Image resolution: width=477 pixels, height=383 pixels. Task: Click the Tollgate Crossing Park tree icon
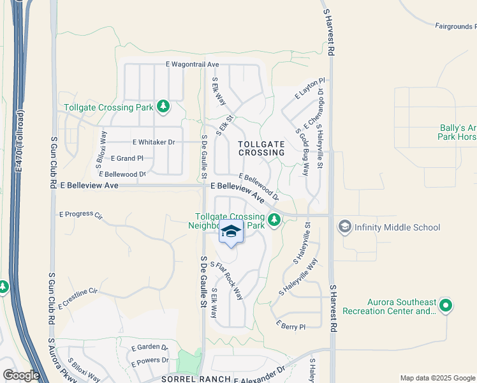click(x=164, y=106)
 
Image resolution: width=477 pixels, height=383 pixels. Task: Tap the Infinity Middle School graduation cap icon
click(x=345, y=227)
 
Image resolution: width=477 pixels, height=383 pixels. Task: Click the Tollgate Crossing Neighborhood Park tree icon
click(x=274, y=220)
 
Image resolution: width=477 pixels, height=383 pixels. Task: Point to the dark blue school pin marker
click(x=231, y=233)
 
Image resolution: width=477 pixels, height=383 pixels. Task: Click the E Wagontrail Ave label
click(x=192, y=64)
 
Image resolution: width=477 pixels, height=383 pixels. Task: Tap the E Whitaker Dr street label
click(x=153, y=142)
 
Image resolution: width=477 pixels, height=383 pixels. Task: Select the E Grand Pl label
click(x=127, y=158)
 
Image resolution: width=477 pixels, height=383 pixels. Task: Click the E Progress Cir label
click(x=80, y=215)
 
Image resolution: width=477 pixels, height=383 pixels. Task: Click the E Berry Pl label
click(x=291, y=326)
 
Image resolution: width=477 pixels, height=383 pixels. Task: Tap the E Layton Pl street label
click(x=310, y=89)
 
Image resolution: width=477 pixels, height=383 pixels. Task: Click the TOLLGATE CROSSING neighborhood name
click(x=261, y=149)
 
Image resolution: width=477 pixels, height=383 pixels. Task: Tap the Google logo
click(x=20, y=375)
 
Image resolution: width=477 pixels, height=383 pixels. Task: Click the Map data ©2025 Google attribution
click(x=437, y=378)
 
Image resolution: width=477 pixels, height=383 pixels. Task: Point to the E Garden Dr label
click(x=149, y=347)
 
